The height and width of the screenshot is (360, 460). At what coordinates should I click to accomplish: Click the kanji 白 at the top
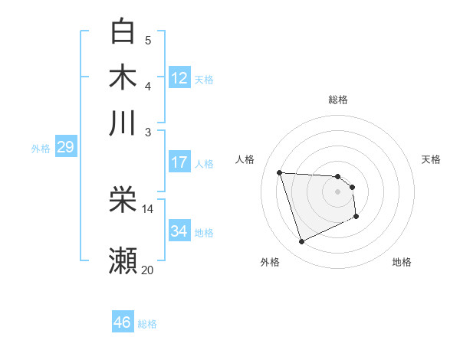point(123,31)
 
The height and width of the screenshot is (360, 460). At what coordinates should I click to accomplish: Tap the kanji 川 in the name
point(123,122)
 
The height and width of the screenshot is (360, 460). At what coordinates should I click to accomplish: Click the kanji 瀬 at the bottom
point(123,260)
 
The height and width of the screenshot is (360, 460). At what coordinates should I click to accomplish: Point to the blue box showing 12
point(179,78)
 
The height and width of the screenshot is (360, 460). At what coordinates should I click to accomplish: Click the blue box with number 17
point(179,162)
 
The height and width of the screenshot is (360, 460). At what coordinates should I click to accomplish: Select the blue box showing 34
point(179,231)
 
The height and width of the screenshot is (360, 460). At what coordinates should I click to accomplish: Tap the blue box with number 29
point(65,147)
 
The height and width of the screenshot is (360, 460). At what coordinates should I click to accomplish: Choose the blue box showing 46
point(123,322)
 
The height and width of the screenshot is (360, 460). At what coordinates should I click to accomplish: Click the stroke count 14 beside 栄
point(147,208)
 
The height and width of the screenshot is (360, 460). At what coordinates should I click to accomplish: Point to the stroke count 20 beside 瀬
point(147,270)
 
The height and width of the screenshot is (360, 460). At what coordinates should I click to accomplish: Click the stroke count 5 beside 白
point(148,41)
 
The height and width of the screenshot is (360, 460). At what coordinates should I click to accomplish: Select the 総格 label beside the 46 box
point(147,324)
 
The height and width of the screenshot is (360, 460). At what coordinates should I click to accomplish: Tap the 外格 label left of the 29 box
point(41,149)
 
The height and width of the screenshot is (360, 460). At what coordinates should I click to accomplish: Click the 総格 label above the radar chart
point(337,100)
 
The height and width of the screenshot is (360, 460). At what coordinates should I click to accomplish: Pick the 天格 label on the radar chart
point(431,159)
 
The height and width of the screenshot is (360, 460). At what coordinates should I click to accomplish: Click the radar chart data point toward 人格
point(280,172)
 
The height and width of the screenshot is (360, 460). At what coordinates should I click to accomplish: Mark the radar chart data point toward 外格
point(301,242)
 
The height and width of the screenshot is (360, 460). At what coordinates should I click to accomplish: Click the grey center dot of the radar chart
point(337,192)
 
